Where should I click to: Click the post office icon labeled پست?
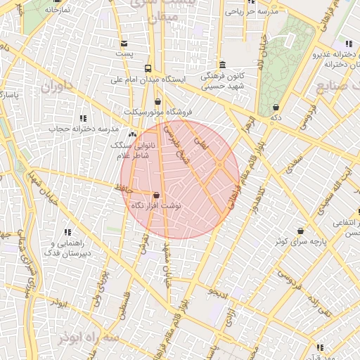click(x=124, y=43)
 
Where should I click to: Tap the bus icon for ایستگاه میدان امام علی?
click(x=148, y=68)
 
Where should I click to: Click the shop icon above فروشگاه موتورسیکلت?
click(x=157, y=101)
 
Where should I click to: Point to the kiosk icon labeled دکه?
click(x=275, y=108)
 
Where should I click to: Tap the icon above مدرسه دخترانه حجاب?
click(x=83, y=118)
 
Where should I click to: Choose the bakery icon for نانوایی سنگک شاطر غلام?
click(x=133, y=134)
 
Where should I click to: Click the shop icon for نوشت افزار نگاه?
click(x=156, y=195)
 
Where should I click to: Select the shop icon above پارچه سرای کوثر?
click(x=301, y=231)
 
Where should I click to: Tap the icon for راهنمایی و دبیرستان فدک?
click(x=67, y=232)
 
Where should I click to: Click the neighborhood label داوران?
click(x=57, y=88)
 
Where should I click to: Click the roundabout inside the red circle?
click(x=219, y=165)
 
